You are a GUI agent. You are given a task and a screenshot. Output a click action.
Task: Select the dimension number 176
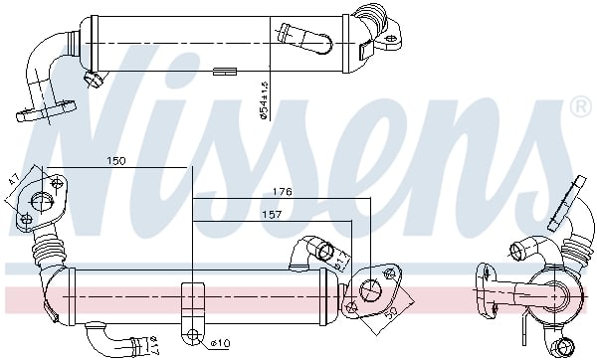pos(282,192)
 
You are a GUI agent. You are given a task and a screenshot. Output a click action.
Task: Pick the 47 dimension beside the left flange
pos(14,184)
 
